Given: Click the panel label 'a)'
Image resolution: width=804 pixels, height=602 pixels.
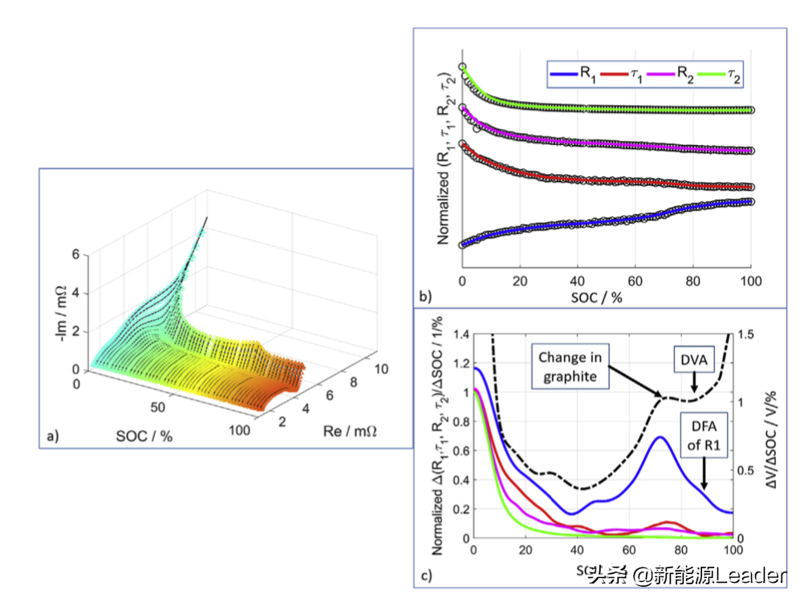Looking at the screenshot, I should click(x=53, y=437).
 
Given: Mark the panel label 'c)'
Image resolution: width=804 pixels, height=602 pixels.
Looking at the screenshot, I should click(x=427, y=575).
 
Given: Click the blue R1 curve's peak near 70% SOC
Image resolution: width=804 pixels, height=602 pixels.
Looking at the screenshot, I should click(x=659, y=437).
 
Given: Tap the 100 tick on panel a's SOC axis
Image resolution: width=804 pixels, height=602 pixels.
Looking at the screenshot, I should click(x=238, y=430).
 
